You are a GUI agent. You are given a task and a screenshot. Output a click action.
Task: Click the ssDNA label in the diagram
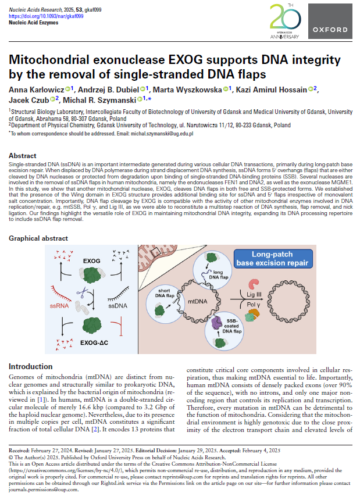click(118, 305)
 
